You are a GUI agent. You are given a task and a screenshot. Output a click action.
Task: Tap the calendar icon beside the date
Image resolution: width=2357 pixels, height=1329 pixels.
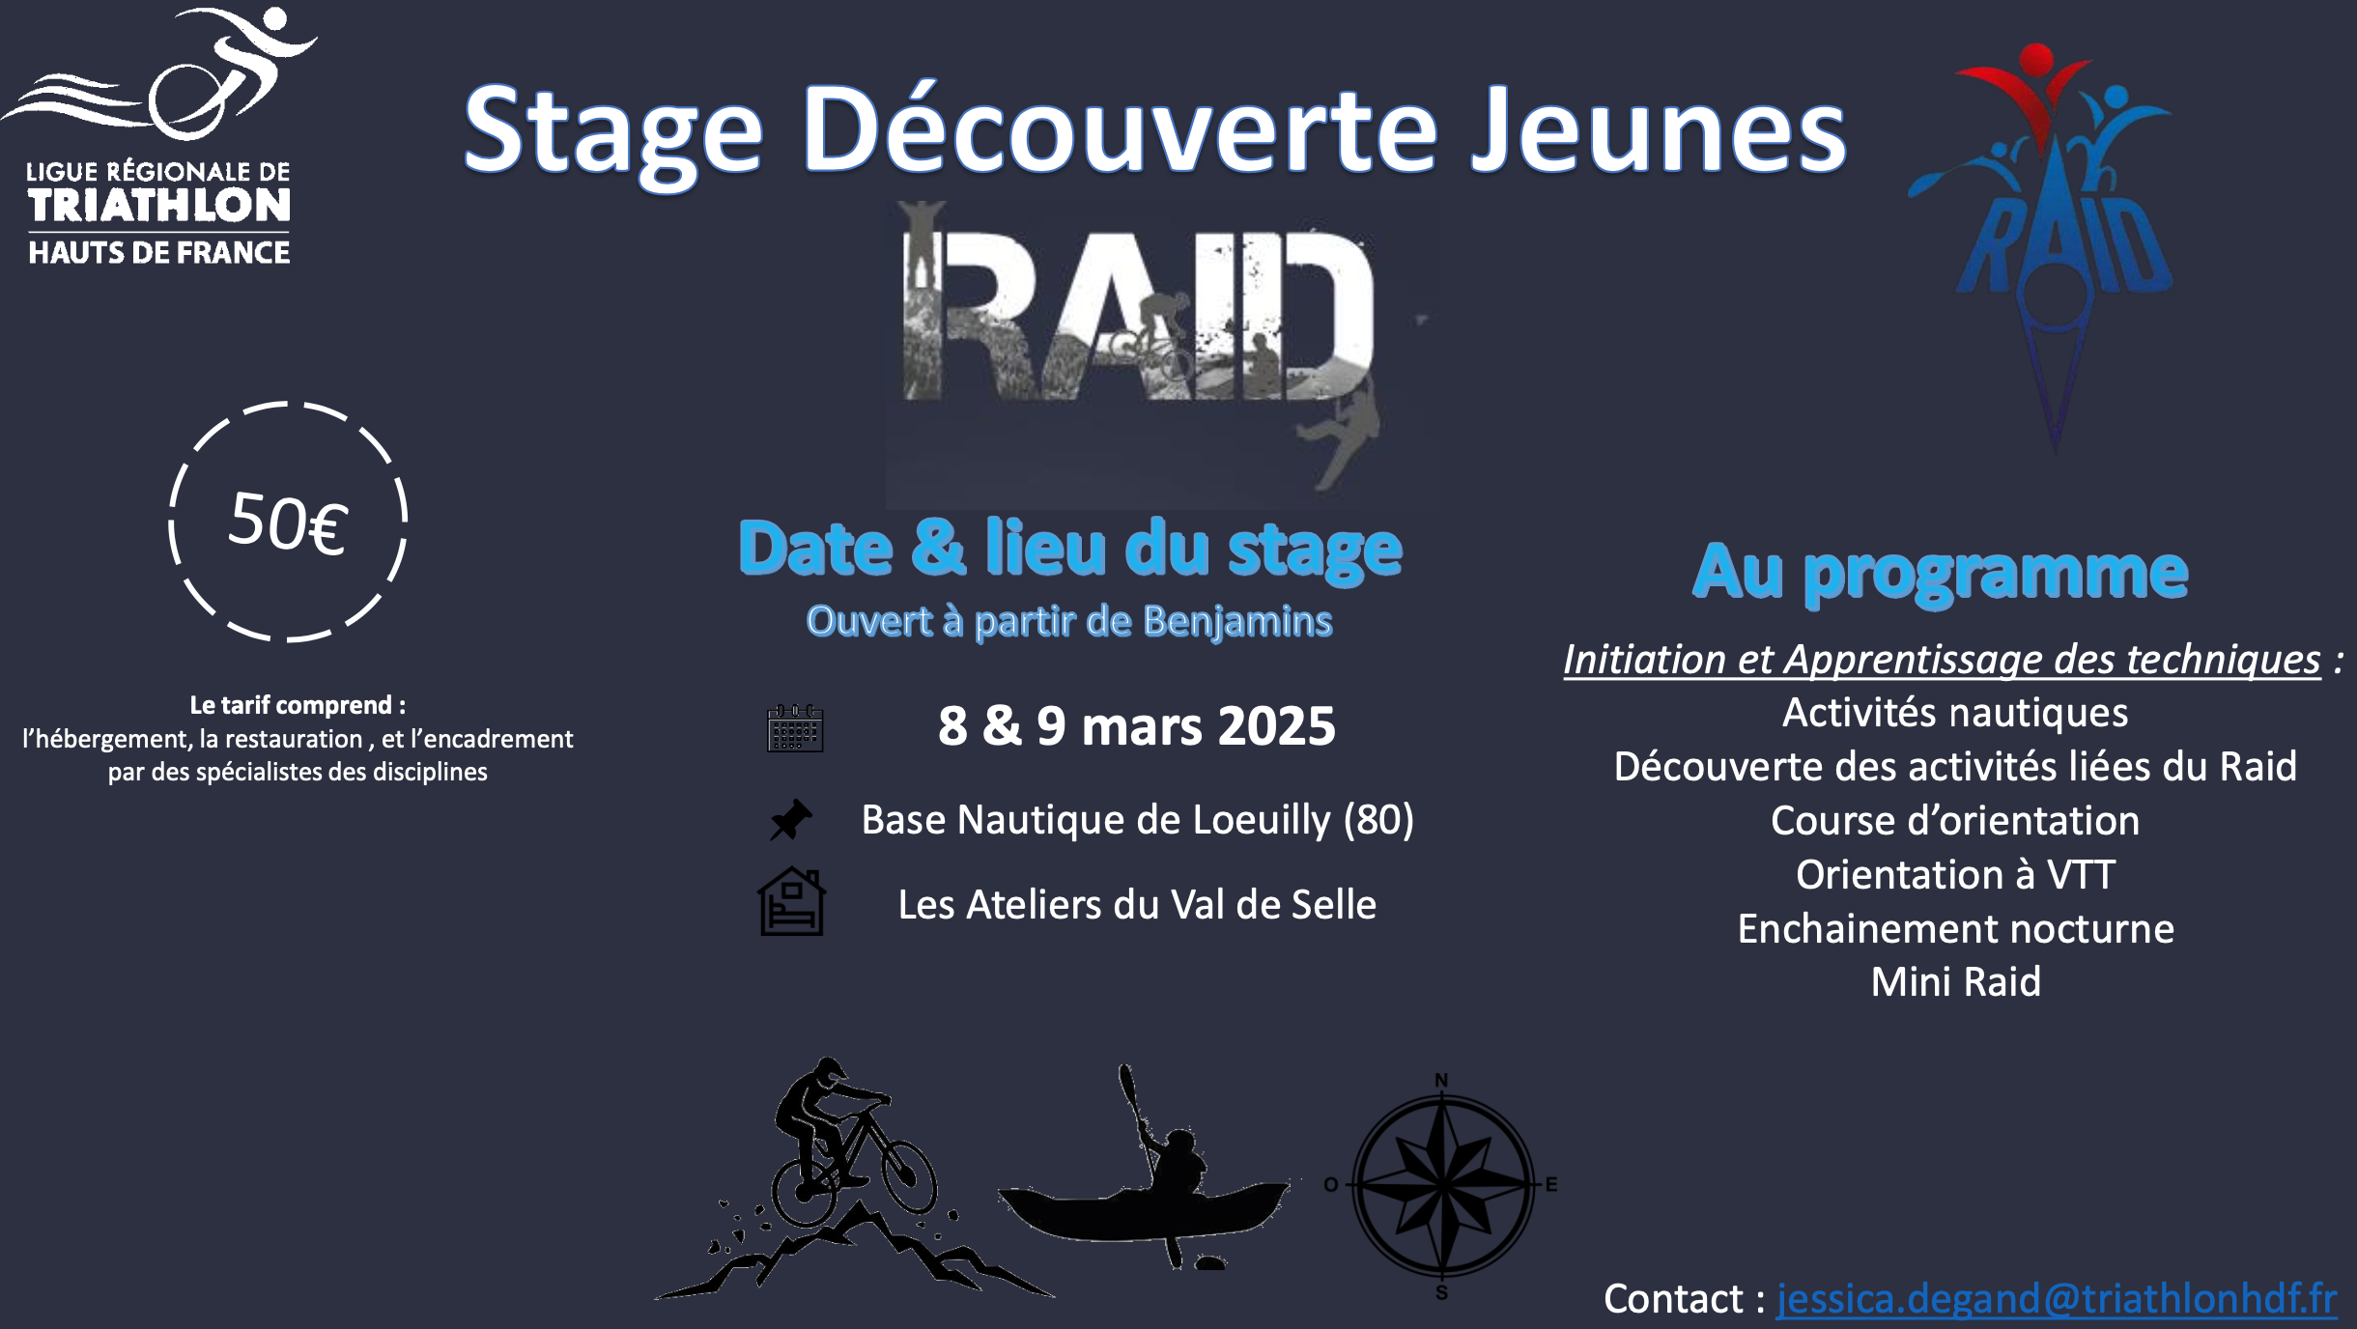pyautogui.click(x=795, y=727)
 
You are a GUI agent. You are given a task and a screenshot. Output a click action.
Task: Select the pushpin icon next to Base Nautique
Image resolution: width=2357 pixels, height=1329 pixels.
pyautogui.click(x=791, y=819)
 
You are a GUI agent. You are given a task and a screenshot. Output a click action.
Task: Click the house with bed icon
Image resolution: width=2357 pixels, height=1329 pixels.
pyautogui.click(x=791, y=901)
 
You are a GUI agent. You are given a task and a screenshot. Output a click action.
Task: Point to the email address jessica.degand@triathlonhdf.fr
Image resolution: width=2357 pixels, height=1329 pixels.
pyautogui.click(x=2057, y=1298)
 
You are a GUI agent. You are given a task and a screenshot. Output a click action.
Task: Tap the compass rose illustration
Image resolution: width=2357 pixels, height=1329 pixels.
pyautogui.click(x=1442, y=1185)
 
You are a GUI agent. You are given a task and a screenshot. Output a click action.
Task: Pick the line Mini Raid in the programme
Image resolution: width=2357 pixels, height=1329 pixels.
pyautogui.click(x=1956, y=981)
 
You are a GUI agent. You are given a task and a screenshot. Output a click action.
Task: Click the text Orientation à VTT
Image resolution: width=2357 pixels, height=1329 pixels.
pyautogui.click(x=1956, y=874)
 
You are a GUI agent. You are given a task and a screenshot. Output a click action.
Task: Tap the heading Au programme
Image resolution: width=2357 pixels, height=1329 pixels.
pyautogui.click(x=1941, y=573)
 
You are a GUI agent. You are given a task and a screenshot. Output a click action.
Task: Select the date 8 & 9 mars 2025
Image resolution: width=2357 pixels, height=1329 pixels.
pyautogui.click(x=1137, y=725)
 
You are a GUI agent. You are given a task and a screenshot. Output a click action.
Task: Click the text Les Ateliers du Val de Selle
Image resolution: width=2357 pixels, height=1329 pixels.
pyautogui.click(x=1137, y=905)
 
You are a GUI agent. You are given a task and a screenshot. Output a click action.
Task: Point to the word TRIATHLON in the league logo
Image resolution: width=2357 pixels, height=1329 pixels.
pyautogui.click(x=159, y=206)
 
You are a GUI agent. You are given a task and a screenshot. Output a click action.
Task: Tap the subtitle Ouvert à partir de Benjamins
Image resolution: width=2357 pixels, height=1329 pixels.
pyautogui.click(x=1069, y=621)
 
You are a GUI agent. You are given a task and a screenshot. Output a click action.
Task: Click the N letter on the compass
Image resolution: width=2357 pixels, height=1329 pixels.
pyautogui.click(x=1441, y=1080)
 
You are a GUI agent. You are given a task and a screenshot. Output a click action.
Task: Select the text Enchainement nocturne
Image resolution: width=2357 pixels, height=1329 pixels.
pyautogui.click(x=1956, y=928)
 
